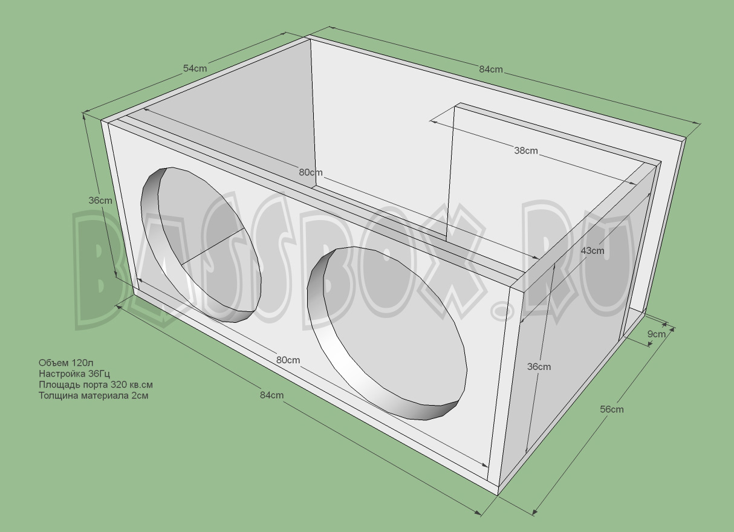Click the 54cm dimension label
point(195,68)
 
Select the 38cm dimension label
point(526,151)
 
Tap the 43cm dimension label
point(592,250)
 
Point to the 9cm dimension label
point(657,334)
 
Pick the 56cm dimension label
point(611,409)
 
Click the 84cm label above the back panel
point(491,69)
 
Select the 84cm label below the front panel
point(271,395)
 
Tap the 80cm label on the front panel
point(288,360)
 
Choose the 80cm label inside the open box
point(311,172)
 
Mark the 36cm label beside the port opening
point(539,366)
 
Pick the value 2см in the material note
point(138,395)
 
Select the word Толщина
point(57,395)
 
